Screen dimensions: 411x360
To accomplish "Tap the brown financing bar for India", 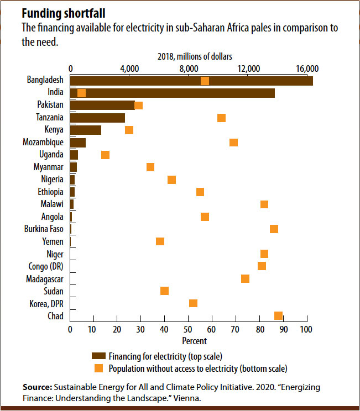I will (x=177, y=93).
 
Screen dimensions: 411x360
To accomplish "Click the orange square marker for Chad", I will (x=278, y=315).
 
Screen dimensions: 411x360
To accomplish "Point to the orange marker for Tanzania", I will (x=221, y=118).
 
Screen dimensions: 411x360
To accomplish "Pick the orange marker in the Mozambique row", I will (x=233, y=143).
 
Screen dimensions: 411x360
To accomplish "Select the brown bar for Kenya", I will (x=86, y=130).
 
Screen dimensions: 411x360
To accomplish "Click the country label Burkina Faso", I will (x=44, y=229).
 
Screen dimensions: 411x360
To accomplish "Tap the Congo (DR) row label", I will (x=45, y=266).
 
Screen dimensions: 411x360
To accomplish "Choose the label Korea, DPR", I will (x=46, y=303).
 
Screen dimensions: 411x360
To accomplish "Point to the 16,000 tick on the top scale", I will (x=307, y=68).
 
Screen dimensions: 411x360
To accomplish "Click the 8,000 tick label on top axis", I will (x=189, y=68).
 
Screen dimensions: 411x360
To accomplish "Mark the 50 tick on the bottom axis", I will (x=188, y=329).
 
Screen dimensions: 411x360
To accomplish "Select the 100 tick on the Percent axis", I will (x=305, y=329).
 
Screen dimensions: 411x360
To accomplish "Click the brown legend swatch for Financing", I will (x=98, y=356).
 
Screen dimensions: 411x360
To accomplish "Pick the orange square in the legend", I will (x=98, y=367).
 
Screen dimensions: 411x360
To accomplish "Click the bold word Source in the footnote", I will (x=36, y=387).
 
